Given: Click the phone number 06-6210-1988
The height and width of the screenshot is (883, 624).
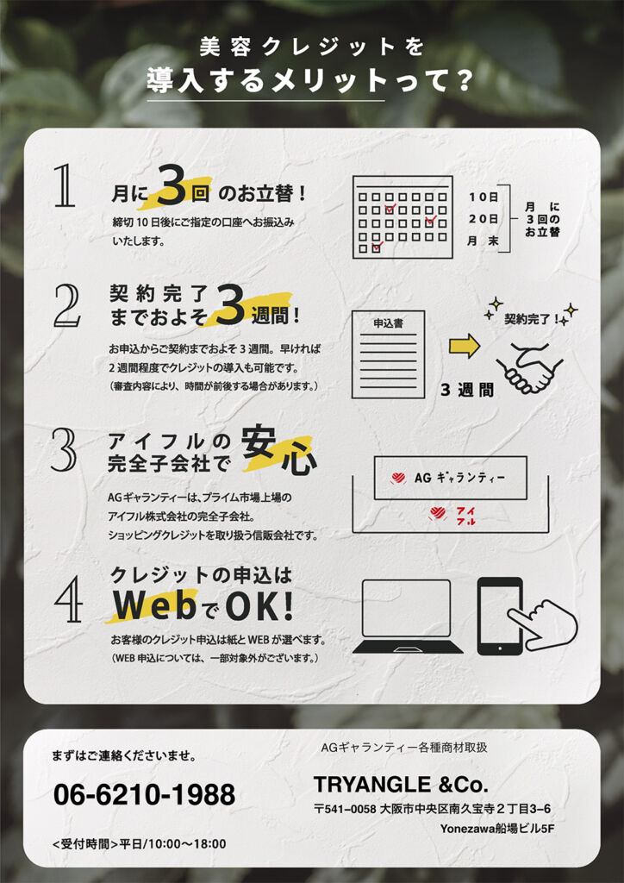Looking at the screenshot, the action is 144,794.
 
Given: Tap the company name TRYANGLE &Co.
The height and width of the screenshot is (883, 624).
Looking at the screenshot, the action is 401,784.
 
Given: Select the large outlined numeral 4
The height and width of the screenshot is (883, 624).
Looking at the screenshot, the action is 69,603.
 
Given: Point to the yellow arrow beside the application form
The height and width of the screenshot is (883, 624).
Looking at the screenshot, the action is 465,347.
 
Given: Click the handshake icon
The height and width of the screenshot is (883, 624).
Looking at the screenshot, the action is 529,369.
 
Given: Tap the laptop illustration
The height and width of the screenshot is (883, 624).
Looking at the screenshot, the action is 408,616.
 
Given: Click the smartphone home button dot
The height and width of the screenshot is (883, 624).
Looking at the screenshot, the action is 500,648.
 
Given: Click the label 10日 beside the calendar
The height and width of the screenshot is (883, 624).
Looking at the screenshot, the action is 484,197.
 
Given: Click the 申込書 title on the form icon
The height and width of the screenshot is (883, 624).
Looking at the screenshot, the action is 388,324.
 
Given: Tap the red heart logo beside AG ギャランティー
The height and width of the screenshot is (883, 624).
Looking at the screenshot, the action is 398,478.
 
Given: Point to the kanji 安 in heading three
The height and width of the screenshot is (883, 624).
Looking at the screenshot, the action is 259,448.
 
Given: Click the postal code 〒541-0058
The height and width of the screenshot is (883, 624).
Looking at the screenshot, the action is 345,809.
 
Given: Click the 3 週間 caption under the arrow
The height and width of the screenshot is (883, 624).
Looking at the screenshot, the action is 468,390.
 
